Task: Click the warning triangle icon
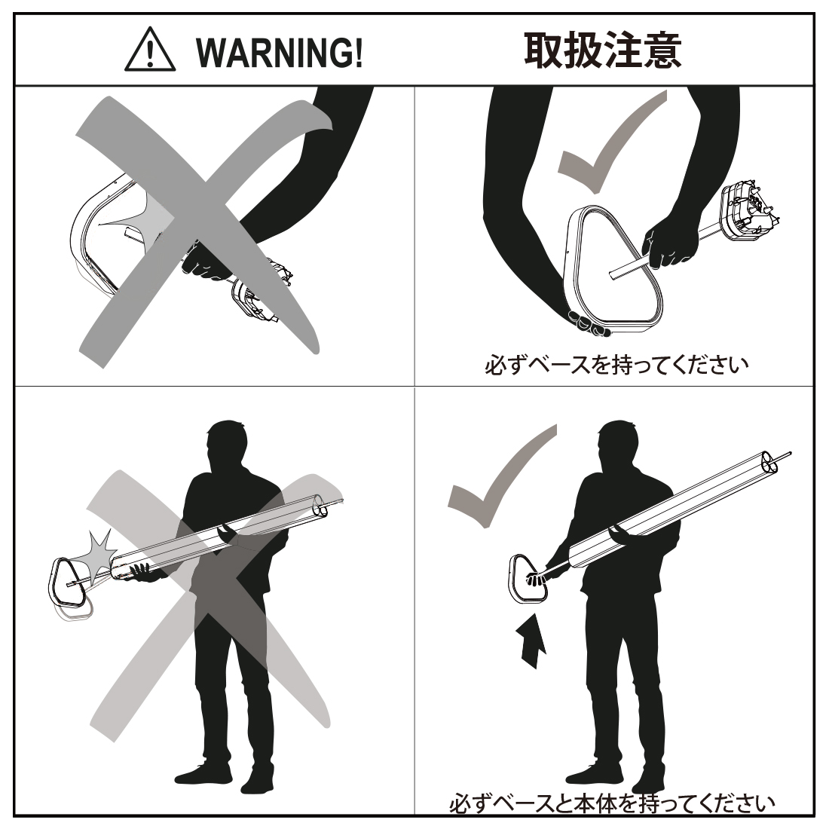pos(150,50)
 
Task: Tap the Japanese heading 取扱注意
pos(603,50)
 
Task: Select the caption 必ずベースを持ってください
pos(616,365)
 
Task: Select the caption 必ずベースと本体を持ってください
pos(612,804)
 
